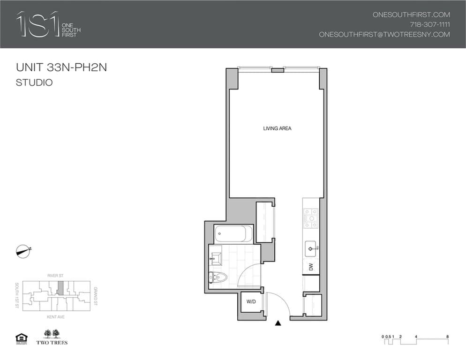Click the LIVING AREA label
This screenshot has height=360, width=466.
click(277, 128)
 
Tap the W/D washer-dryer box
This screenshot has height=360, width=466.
click(251, 301)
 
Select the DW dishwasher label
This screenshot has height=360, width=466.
click(311, 267)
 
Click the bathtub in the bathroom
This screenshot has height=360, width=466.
click(233, 233)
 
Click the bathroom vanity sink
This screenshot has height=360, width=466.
click(217, 257)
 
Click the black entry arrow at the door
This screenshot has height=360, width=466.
click(278, 322)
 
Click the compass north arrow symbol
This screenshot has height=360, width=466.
click(23, 251)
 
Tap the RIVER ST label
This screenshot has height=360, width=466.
click(55, 276)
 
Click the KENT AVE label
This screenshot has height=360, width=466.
click(55, 317)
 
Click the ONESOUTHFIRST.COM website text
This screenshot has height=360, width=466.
click(411, 15)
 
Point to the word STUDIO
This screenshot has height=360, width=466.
click(34, 83)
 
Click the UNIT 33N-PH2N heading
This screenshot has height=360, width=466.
click(61, 67)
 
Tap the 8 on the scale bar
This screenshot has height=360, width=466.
click(448, 337)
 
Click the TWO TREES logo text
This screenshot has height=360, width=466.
click(52, 343)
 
